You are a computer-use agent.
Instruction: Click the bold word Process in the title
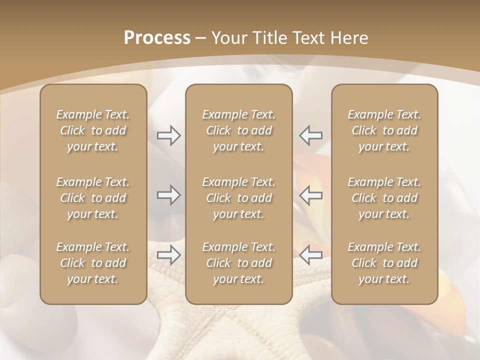point(157,38)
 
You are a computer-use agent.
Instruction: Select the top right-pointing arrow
point(169,135)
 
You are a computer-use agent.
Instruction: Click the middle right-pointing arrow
point(169,195)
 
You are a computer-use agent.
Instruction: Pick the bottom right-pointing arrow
point(169,255)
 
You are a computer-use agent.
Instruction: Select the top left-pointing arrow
point(311,135)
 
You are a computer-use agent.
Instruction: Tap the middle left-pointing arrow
point(311,195)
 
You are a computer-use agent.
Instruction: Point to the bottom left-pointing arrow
point(311,255)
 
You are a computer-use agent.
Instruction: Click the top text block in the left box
point(93,130)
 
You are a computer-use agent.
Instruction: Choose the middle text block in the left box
point(93,198)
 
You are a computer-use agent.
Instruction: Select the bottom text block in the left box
point(93,263)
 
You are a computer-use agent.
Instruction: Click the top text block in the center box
point(239,130)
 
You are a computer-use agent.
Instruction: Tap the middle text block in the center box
point(239,198)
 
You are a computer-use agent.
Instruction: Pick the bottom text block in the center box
point(239,263)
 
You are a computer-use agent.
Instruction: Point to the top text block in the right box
point(384,130)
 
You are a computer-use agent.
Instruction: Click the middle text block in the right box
point(384,198)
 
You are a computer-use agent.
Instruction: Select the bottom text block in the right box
point(384,263)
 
